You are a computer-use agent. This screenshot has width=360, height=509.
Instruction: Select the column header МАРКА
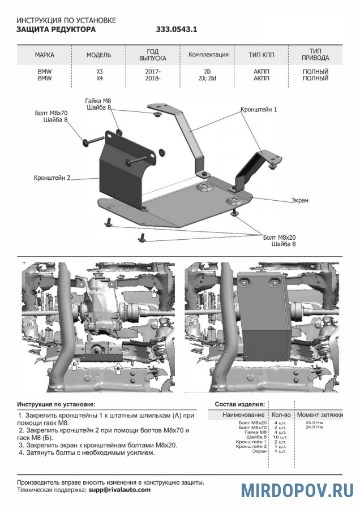44,55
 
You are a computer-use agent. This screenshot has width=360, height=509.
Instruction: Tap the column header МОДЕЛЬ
98,55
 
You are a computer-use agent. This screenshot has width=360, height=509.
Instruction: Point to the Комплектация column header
208,55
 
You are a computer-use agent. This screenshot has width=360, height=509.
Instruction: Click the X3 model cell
99,72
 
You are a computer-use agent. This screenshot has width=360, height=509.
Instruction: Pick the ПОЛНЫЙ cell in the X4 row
316,79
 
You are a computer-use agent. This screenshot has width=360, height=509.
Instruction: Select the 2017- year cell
153,72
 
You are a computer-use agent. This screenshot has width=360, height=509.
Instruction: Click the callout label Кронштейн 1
259,109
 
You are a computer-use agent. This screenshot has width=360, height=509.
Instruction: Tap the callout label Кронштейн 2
52,178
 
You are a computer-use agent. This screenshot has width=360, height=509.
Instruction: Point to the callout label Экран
300,200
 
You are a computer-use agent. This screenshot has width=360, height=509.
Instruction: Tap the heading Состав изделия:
239,404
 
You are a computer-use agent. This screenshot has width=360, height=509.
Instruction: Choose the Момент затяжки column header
320,415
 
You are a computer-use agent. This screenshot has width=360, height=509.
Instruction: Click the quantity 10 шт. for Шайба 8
280,437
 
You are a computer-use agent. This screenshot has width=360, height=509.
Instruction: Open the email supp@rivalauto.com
118,490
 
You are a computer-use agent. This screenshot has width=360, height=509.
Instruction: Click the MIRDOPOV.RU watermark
298,490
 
